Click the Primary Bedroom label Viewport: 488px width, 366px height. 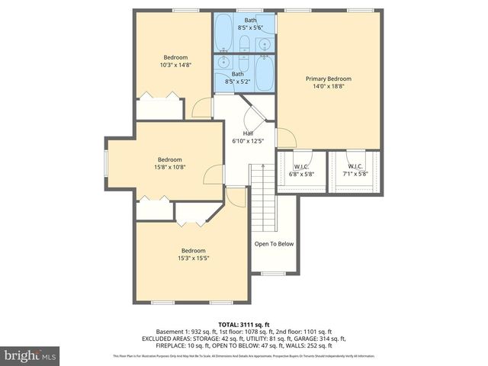[x=329, y=79]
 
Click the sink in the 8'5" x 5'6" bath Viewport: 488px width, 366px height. [x=263, y=43]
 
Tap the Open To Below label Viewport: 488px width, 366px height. [x=274, y=244]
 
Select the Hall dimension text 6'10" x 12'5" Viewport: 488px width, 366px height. [x=248, y=141]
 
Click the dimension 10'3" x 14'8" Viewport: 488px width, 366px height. [x=175, y=66]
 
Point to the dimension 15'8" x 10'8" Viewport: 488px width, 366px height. [x=170, y=167]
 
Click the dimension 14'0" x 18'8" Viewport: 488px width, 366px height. [x=329, y=87]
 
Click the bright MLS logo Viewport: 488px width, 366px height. [x=30, y=355]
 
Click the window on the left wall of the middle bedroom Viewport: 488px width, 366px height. [x=106, y=162]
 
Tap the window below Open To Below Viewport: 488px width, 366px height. [x=273, y=273]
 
